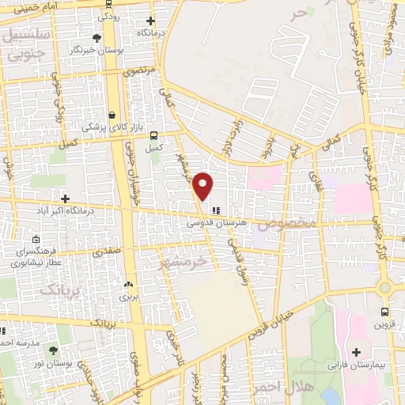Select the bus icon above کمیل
(x=153, y=134)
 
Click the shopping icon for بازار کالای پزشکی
(x=112, y=114)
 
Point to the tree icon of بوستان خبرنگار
(x=97, y=37)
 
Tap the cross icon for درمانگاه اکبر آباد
(x=65, y=199)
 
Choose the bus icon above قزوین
(x=384, y=312)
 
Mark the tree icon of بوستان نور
(x=53, y=350)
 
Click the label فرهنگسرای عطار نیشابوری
(x=36, y=255)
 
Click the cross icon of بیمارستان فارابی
(x=355, y=351)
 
